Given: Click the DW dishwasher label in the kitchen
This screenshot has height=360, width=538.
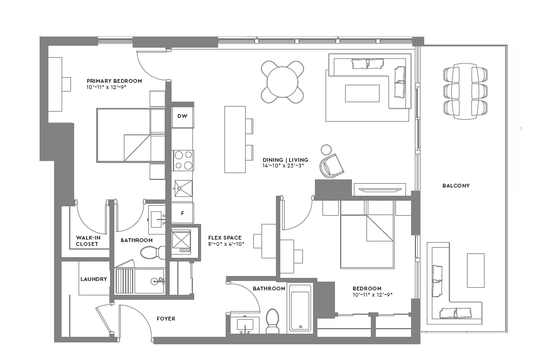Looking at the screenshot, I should click(x=182, y=117).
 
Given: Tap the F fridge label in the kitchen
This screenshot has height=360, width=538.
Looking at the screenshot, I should click(x=182, y=213).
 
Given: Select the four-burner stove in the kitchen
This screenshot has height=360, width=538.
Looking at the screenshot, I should click(x=183, y=161).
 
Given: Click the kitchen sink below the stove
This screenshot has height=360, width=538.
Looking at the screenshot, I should click(x=183, y=188).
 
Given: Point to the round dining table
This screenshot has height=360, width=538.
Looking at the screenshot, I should click(x=282, y=81).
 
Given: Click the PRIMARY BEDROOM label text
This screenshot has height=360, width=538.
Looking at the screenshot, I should click(x=114, y=81).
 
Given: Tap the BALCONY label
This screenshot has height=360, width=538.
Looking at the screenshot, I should click(x=456, y=186).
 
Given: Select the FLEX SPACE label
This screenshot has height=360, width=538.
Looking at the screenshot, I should click(x=225, y=238).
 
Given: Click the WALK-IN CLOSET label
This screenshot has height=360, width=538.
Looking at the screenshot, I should click(x=87, y=241).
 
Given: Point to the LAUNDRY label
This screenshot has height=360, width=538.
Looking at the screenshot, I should click(x=94, y=279).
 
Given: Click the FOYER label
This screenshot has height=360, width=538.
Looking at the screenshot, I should click(x=166, y=319).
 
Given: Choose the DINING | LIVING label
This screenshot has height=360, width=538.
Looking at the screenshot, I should click(x=283, y=160).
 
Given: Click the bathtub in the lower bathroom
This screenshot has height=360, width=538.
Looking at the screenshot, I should click(x=300, y=308).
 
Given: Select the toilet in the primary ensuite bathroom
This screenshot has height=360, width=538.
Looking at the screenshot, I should click(x=151, y=252).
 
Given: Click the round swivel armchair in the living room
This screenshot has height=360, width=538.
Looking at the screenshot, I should click(x=332, y=166).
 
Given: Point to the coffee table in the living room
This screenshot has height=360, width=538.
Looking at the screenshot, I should click(x=362, y=93).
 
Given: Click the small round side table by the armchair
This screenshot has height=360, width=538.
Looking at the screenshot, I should click(x=326, y=149).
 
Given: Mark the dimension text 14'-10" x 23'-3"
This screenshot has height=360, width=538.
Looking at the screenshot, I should click(x=283, y=167).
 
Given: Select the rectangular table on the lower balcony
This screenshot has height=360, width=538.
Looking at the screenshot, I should click(x=476, y=270).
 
